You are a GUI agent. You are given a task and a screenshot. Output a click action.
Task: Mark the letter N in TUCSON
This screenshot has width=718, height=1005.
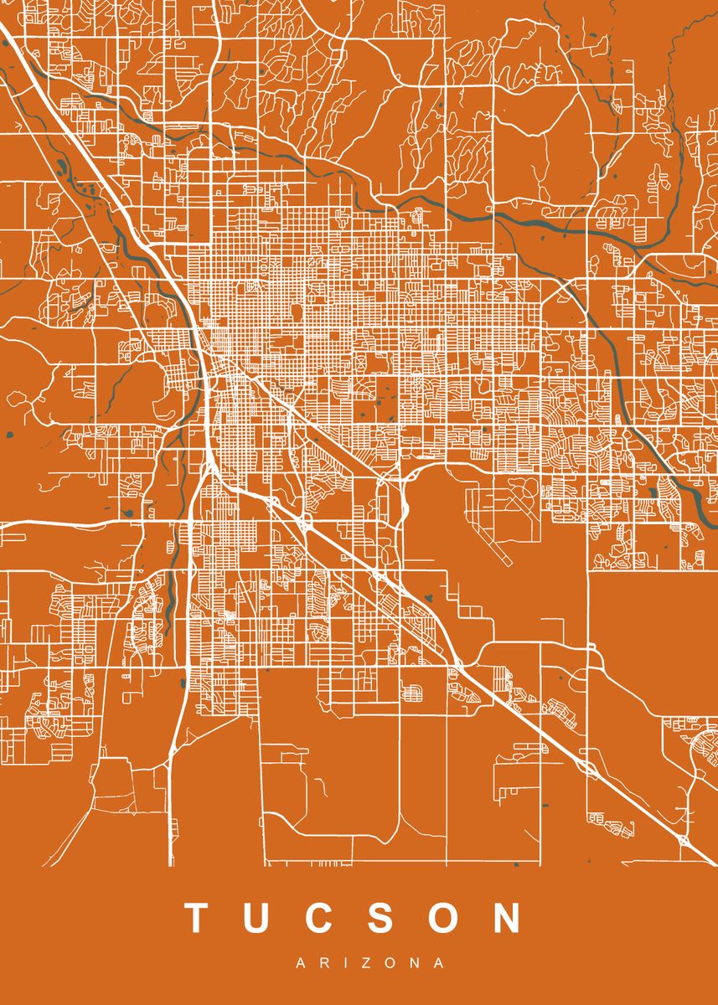[507, 918]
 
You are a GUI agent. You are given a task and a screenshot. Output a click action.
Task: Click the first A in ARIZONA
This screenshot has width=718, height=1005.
[301, 964]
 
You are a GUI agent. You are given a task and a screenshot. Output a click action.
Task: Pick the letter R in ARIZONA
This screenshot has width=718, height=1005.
[323, 964]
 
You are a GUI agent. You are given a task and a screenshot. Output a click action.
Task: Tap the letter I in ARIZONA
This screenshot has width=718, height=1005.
[343, 964]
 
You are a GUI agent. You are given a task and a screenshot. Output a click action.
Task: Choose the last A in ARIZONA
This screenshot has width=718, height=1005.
[438, 964]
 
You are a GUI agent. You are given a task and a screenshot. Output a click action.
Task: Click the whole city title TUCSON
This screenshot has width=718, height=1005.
[354, 918]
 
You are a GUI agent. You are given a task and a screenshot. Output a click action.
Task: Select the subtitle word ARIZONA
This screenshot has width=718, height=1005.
[369, 964]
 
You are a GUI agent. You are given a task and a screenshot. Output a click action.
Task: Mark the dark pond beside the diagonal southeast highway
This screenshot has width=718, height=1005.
[429, 598]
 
